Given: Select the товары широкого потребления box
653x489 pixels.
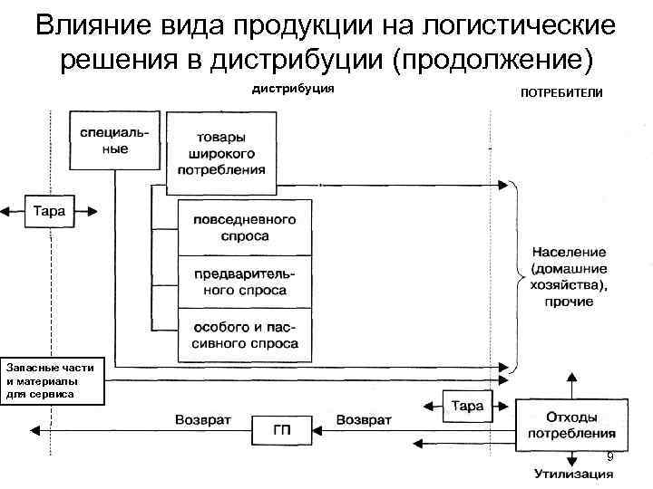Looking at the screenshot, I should pyautogui.click(x=221, y=153).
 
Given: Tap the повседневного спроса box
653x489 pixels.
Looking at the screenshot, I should pyautogui.click(x=244, y=227).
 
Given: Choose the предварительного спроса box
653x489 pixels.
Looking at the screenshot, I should pyautogui.click(x=244, y=282).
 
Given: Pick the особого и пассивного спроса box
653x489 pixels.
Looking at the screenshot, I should pyautogui.click(x=244, y=335).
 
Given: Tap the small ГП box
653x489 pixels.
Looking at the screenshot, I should pyautogui.click(x=282, y=430).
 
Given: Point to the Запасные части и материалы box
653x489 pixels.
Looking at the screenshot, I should pyautogui.click(x=52, y=380).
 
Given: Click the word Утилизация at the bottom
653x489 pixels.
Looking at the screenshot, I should pyautogui.click(x=571, y=473).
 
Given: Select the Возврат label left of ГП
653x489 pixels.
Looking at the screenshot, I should pyautogui.click(x=203, y=419).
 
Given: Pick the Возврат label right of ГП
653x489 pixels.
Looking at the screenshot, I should pyautogui.click(x=364, y=419).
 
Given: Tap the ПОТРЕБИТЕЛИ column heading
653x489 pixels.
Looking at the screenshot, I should pyautogui.click(x=560, y=94).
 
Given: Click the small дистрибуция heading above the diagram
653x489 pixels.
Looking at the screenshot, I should pyautogui.click(x=293, y=89).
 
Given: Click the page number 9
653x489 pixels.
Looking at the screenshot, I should pyautogui.click(x=609, y=455).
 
